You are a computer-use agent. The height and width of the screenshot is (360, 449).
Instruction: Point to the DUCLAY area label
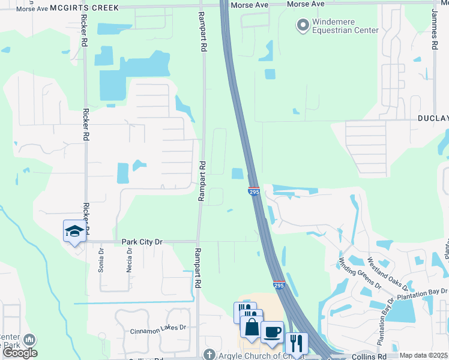[433, 119]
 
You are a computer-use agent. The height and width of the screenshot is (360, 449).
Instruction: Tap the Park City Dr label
[142, 242]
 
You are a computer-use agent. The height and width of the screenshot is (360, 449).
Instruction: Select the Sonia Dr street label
[101, 261]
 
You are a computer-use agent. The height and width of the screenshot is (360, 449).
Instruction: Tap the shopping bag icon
[251, 329]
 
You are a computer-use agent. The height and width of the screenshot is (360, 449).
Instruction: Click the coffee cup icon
[272, 332]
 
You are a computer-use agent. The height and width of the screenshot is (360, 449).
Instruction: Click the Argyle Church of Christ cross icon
[209, 355]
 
